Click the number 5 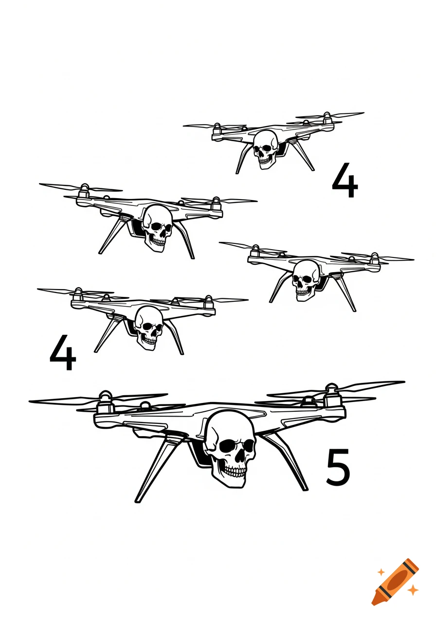(x=338, y=467)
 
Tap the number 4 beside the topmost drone (x=345, y=181)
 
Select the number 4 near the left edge (x=63, y=353)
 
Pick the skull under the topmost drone (x=265, y=147)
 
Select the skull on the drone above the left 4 (x=149, y=327)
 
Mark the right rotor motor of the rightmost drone (x=374, y=259)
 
